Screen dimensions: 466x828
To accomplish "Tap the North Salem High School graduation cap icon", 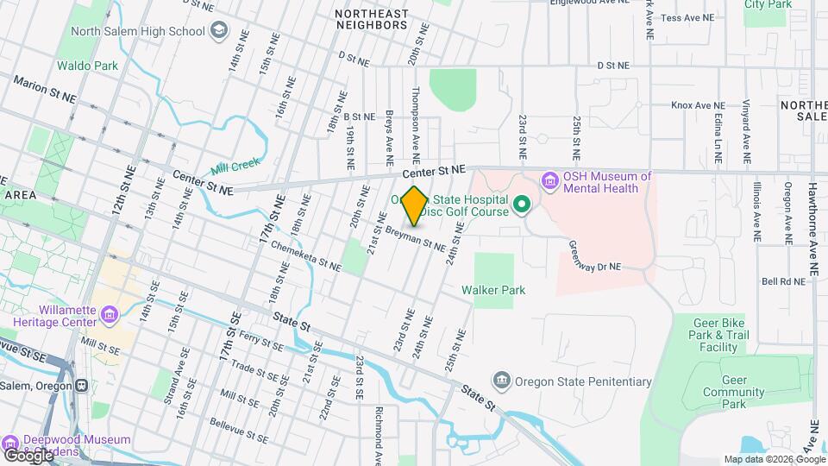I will click(x=220, y=32).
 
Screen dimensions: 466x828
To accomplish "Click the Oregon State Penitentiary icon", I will click(x=501, y=381).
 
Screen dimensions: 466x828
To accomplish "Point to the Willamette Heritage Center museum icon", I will click(x=110, y=315).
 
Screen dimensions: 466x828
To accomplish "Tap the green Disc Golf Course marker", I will click(x=521, y=205).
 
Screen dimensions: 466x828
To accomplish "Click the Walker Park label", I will click(x=493, y=291).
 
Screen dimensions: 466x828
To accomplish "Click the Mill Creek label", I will click(x=235, y=166).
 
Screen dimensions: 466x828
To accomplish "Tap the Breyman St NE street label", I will click(x=416, y=238).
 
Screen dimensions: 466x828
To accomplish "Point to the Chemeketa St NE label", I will click(x=306, y=256).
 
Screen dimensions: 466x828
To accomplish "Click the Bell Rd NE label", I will click(x=782, y=281).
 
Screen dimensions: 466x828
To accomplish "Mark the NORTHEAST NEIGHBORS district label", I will click(x=371, y=19).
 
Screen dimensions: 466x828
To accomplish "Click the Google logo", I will click(x=28, y=454).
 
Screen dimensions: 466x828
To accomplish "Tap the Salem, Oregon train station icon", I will click(x=82, y=385).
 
